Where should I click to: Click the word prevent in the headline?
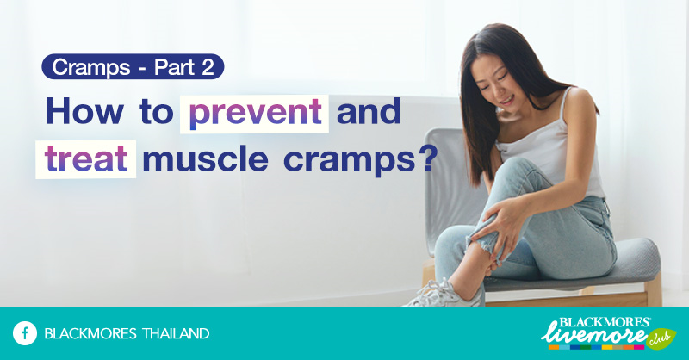click(254, 113)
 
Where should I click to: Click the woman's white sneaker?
click(448, 294)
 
